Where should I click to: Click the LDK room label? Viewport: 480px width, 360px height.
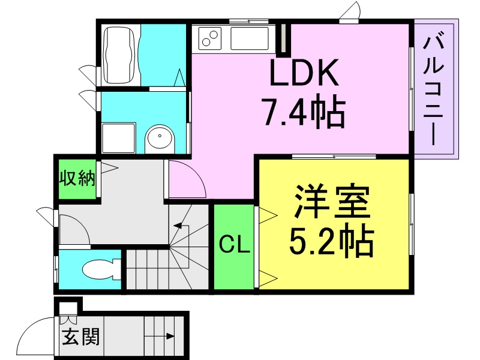(304, 72)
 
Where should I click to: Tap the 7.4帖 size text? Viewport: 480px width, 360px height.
(305, 111)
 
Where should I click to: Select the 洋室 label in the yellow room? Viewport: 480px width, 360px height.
(332, 201)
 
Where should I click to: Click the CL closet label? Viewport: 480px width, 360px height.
(234, 245)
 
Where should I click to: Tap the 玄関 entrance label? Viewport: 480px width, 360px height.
(81, 337)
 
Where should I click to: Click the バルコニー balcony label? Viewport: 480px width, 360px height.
(433, 89)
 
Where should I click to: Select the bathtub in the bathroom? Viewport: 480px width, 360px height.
(119, 55)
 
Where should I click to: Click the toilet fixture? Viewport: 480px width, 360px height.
(101, 269)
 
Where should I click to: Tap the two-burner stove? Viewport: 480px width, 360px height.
(209, 38)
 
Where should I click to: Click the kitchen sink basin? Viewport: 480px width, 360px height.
(250, 38)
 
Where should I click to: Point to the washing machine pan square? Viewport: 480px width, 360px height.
(119, 138)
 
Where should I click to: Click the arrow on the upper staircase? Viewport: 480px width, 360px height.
(181, 226)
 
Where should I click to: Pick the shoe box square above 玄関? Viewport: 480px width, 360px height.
(68, 308)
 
